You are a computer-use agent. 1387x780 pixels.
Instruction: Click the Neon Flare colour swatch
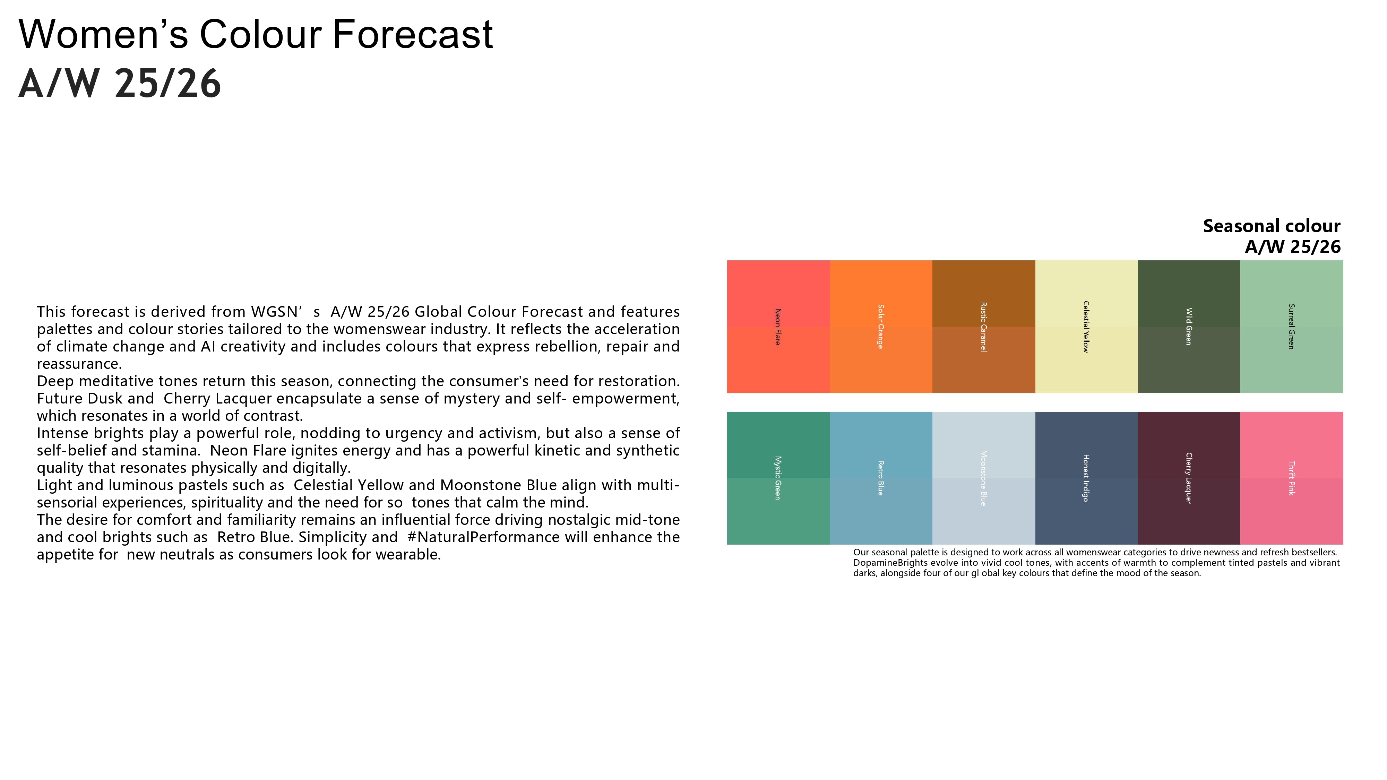click(778, 327)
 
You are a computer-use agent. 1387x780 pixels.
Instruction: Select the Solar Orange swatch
click(881, 327)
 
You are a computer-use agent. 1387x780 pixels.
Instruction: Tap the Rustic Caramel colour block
click(984, 327)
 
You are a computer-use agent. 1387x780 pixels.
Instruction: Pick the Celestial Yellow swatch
click(1087, 327)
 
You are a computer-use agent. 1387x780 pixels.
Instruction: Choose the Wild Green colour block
click(1189, 327)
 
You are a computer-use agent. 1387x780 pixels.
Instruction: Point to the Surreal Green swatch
click(1292, 327)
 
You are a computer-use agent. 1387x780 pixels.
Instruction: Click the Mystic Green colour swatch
click(778, 478)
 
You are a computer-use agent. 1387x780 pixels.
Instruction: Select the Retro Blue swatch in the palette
click(881, 478)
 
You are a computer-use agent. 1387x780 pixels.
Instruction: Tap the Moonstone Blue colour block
click(984, 478)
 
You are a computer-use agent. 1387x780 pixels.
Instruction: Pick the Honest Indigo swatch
click(1087, 478)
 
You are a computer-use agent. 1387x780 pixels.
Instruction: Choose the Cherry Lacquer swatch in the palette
click(1189, 478)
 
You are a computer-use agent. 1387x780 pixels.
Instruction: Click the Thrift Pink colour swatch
click(1292, 478)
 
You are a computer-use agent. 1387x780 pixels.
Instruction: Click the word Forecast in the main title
click(412, 34)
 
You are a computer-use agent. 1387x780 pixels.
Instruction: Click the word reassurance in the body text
click(79, 364)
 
